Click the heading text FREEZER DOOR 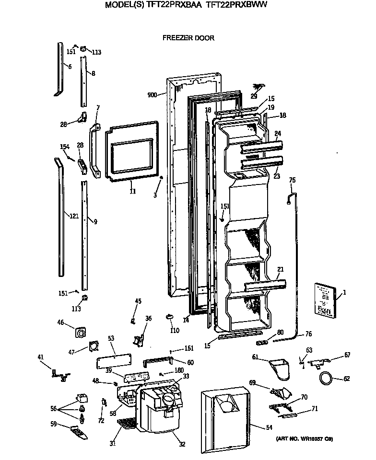point(188,38)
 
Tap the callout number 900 point(153,95)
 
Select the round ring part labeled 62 point(326,379)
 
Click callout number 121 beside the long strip point(73,217)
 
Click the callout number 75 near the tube point(292,180)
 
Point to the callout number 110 point(174,331)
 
